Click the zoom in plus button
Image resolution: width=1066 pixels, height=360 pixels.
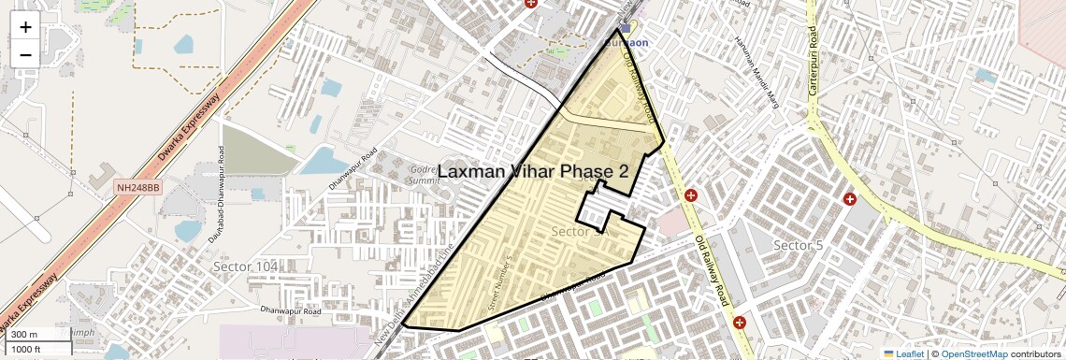click(25, 26)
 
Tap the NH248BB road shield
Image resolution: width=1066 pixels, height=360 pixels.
click(138, 188)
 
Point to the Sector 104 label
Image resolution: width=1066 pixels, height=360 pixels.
click(246, 266)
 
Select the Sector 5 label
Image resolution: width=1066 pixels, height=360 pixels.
click(798, 245)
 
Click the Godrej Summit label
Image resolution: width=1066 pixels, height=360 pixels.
click(426, 175)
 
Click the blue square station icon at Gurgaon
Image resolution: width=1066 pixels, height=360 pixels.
click(625, 29)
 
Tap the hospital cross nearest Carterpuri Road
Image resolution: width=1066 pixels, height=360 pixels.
click(850, 199)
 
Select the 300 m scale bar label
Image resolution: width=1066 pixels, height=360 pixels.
click(24, 334)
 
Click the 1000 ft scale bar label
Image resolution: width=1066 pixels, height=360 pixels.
click(26, 349)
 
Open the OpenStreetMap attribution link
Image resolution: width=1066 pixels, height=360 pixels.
click(973, 353)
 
